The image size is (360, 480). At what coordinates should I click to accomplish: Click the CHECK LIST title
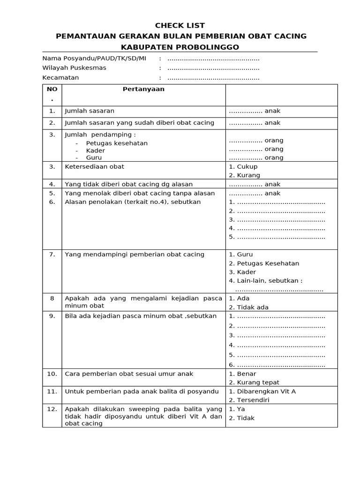pyautogui.click(x=180, y=25)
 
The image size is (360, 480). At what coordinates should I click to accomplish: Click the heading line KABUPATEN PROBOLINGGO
pyautogui.click(x=180, y=47)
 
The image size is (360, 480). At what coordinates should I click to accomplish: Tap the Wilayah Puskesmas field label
pyautogui.click(x=74, y=67)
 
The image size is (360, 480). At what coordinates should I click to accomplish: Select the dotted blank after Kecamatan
pyautogui.click(x=213, y=78)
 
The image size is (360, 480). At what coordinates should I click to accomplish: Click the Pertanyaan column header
pyautogui.click(x=143, y=89)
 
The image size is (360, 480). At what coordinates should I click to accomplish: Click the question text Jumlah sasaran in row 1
pyautogui.click(x=90, y=111)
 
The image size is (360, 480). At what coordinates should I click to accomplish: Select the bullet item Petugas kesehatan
pyautogui.click(x=117, y=143)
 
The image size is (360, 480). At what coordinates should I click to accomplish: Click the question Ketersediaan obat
pyautogui.click(x=94, y=166)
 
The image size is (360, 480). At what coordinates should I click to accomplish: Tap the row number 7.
pyautogui.click(x=52, y=255)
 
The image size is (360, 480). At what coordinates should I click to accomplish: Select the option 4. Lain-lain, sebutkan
pyautogui.click(x=265, y=281)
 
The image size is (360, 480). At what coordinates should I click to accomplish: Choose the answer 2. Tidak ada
pyautogui.click(x=248, y=307)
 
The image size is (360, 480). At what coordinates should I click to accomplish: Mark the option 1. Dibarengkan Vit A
pyautogui.click(x=262, y=391)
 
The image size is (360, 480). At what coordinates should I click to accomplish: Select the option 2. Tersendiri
pyautogui.click(x=248, y=400)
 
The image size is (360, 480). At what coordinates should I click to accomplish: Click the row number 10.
pyautogui.click(x=52, y=374)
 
